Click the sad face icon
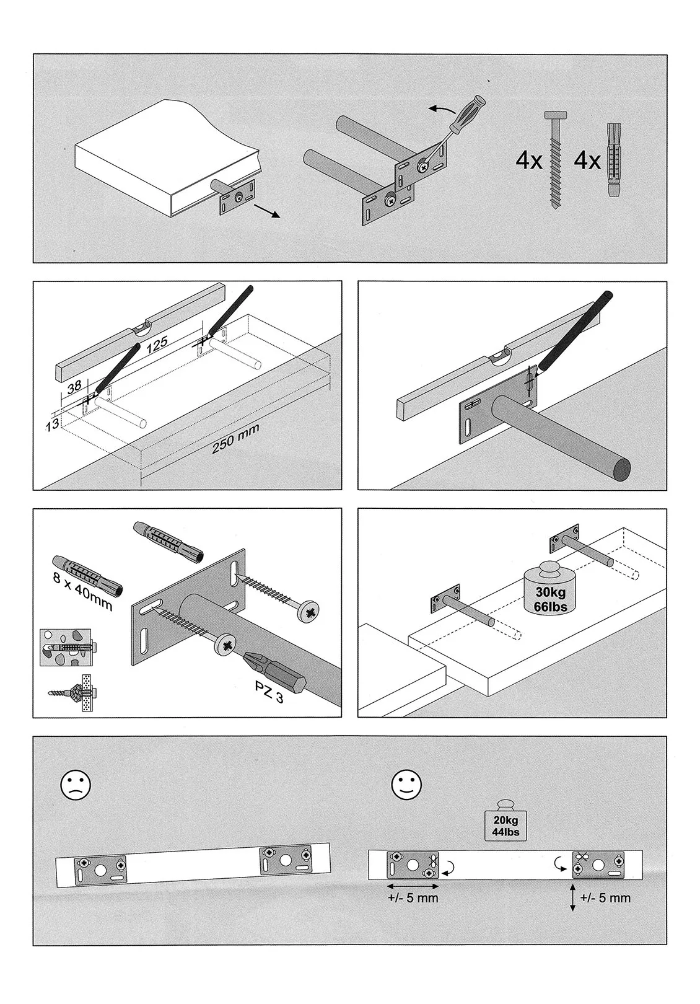point(75,785)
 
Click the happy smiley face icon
point(406,785)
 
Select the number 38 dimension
point(74,387)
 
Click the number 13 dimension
point(52,424)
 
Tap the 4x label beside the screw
point(528,161)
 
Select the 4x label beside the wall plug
point(587,161)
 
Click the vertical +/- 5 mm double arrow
point(573,897)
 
